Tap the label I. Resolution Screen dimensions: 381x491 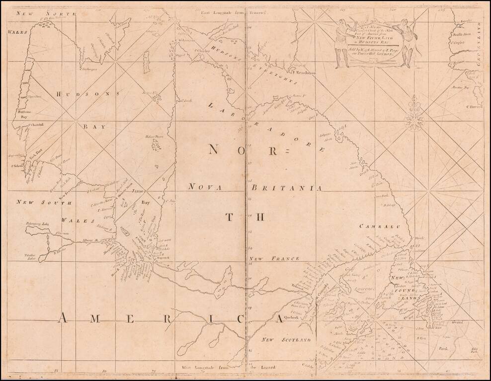pos(304,73)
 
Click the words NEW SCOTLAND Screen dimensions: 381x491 pos(286,340)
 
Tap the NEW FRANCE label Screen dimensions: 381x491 pos(274,259)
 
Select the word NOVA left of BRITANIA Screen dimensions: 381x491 pos(205,187)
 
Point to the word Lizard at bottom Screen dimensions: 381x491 pos(258,368)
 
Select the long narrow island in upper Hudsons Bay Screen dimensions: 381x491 pos(146,62)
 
